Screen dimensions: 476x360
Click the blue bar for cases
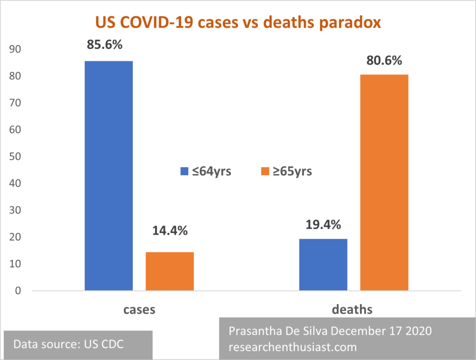point(109,176)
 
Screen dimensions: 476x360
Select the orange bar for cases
point(170,271)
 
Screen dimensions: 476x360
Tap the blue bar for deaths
point(324,264)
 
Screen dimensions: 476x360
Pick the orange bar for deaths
point(384,182)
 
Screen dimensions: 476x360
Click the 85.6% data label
point(105,45)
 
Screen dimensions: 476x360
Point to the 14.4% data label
point(170,231)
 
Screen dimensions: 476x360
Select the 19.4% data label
point(324,225)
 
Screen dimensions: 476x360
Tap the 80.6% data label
point(384,60)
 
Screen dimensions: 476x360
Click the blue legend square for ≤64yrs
point(184,171)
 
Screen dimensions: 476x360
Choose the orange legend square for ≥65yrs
point(265,171)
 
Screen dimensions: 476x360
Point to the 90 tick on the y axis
point(15,49)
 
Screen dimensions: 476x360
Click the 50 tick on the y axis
point(15,157)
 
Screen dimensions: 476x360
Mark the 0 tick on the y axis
point(18,290)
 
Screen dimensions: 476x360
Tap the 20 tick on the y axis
point(15,237)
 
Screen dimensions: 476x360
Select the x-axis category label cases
point(139,310)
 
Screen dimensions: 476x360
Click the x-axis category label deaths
point(352,309)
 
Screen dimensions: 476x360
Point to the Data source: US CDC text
point(69,344)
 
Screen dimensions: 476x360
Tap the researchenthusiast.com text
point(293,347)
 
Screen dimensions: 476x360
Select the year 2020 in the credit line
point(419,331)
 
